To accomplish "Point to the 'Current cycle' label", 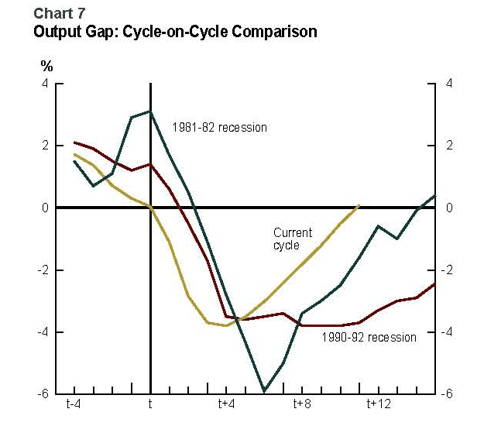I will [x=293, y=239].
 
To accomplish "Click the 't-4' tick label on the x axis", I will [x=74, y=404].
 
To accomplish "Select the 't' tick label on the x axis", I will [x=149, y=404].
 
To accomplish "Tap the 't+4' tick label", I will [x=225, y=404].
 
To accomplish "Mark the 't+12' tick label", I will [x=379, y=404].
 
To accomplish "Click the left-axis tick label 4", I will [x=46, y=84].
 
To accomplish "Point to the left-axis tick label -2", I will [x=43, y=270].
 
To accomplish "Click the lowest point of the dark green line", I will [x=265, y=391].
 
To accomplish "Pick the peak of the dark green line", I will [x=150, y=112].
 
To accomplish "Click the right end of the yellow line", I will [x=359, y=205].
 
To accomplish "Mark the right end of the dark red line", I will [x=434, y=283].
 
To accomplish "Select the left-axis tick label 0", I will [x=46, y=208].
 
